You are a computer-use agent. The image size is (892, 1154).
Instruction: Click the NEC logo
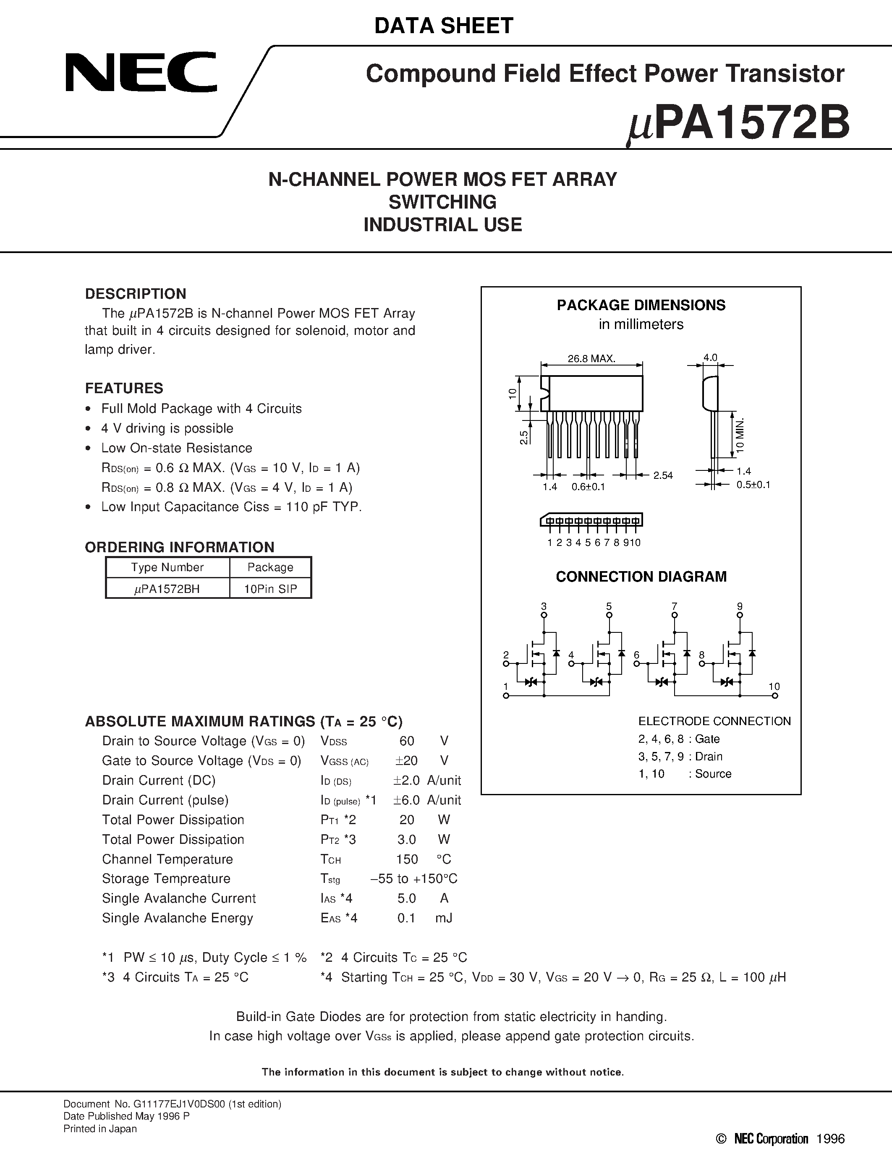click(141, 72)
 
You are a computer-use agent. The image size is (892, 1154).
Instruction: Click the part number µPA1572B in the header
click(738, 123)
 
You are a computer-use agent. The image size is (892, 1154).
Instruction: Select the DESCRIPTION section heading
click(136, 294)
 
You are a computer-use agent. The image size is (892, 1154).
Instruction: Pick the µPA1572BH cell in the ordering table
click(167, 589)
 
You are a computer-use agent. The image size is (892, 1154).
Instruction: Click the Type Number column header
click(167, 567)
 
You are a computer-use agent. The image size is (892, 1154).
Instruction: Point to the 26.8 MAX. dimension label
click(591, 359)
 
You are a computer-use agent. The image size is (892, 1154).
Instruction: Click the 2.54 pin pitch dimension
click(663, 475)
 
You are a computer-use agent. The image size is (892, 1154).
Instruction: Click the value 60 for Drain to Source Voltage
click(407, 741)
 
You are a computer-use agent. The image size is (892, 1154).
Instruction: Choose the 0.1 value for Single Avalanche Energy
click(406, 918)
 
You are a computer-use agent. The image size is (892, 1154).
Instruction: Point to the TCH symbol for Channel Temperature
click(331, 860)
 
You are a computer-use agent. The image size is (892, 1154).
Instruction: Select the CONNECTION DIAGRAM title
click(641, 577)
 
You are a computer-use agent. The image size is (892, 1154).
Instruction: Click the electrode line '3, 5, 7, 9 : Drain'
click(680, 757)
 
